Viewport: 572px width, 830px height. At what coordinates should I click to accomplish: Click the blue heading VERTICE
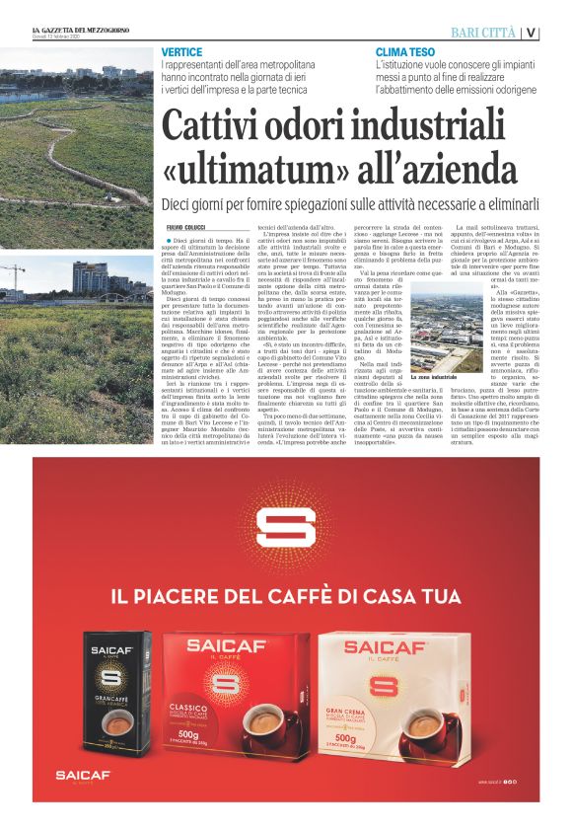pyautogui.click(x=182, y=51)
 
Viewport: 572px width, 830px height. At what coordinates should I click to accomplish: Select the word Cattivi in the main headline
pyautogui.click(x=209, y=127)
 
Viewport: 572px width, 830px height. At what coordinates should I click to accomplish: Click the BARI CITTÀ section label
pyautogui.click(x=483, y=32)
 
